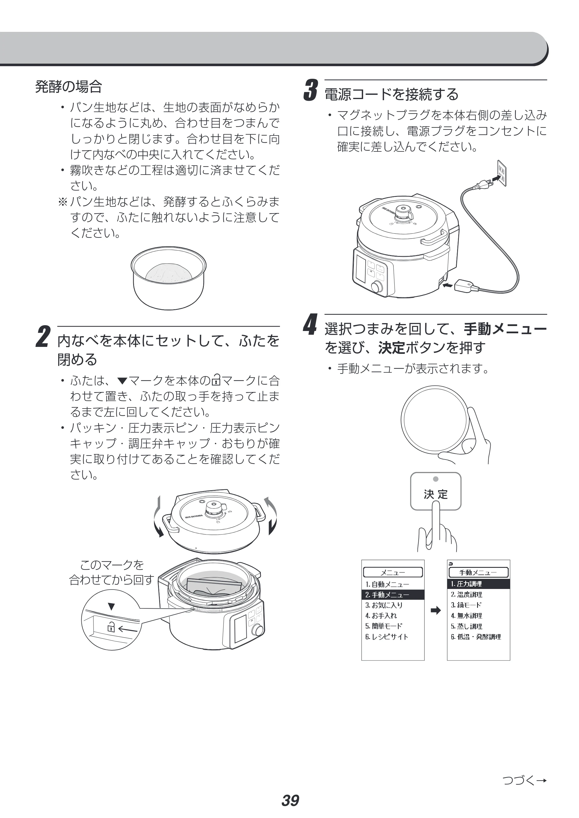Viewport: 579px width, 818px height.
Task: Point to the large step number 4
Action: [x=310, y=325]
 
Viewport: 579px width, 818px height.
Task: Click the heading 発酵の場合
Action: [x=68, y=87]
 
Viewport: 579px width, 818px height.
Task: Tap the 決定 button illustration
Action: [x=435, y=491]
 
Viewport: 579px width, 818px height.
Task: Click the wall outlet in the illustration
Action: [x=501, y=173]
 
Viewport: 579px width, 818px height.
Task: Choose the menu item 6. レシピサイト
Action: [x=386, y=636]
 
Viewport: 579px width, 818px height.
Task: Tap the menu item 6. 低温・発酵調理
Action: [x=476, y=636]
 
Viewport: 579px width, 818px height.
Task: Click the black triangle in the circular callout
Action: [x=111, y=606]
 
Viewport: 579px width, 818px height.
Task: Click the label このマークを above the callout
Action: [x=112, y=565]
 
